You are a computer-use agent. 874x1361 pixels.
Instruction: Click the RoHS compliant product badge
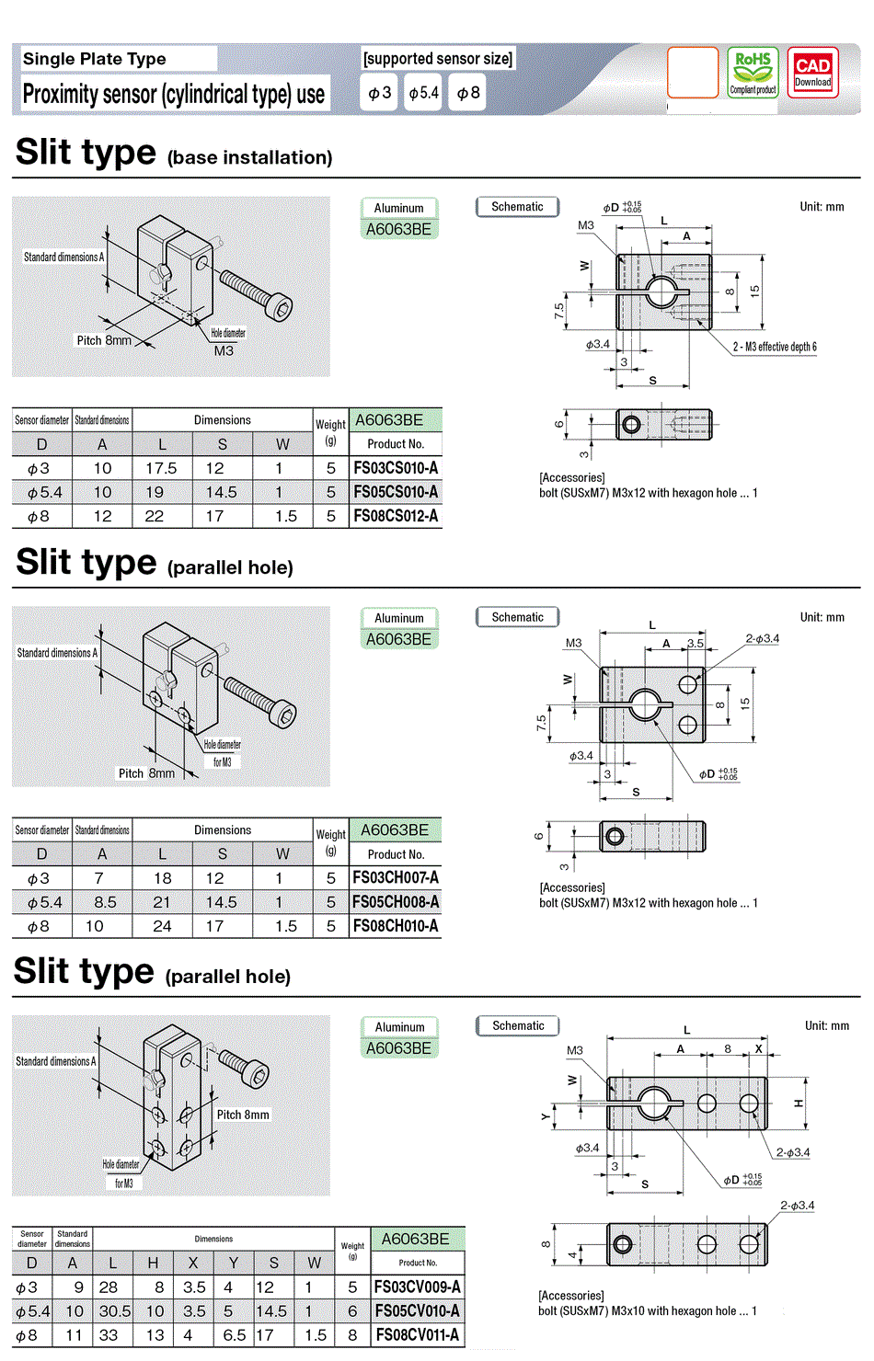coord(753,72)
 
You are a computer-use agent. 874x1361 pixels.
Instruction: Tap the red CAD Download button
coord(812,72)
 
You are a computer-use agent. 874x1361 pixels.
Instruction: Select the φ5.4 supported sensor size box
coord(424,93)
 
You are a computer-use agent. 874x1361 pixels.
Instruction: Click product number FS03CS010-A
coord(396,468)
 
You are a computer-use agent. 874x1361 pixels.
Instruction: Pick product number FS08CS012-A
coord(396,516)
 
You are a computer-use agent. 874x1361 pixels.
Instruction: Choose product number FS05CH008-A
coord(396,902)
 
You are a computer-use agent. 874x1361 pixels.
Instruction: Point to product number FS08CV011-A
coord(417,1334)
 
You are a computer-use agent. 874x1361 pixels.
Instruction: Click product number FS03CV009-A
coord(417,1287)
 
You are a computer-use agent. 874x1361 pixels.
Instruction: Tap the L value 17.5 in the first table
coord(161,468)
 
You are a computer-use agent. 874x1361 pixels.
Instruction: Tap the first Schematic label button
coord(517,207)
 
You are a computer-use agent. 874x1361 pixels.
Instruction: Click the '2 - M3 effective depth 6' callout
coord(775,347)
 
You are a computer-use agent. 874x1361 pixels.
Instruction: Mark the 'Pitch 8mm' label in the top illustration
coord(104,340)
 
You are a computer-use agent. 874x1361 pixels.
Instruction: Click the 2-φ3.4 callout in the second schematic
coord(762,638)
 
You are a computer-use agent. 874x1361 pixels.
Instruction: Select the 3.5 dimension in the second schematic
coord(696,643)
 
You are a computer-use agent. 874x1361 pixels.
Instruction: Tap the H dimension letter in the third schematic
coord(799,1103)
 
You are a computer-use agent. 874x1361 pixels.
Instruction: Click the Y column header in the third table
coord(233,1263)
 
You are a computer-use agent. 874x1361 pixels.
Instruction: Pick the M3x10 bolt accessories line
coord(648,1310)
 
